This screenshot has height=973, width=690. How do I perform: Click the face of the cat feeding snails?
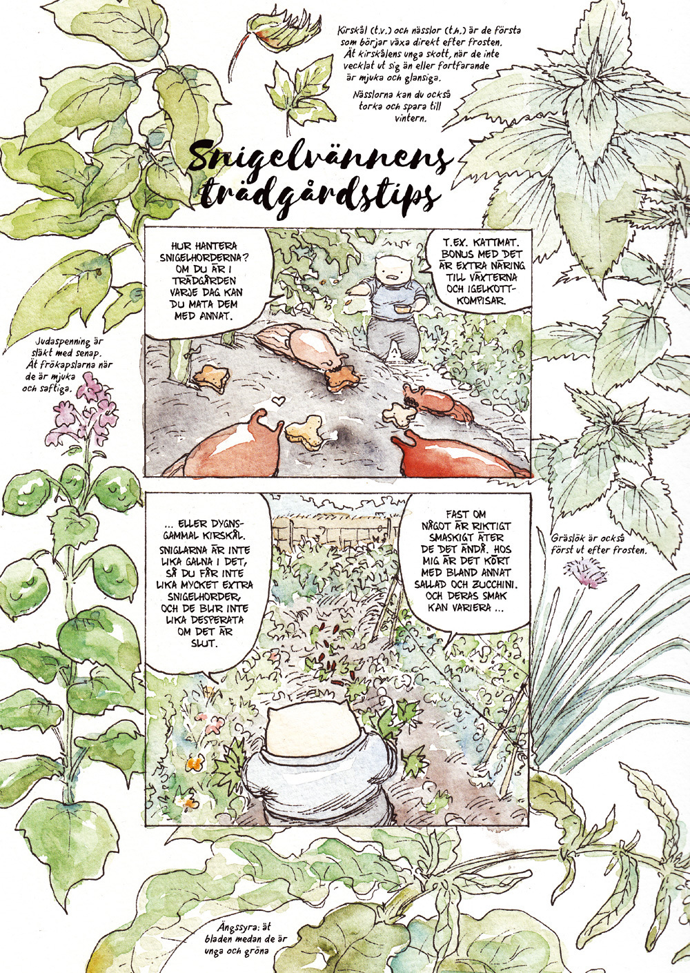pyautogui.click(x=390, y=270)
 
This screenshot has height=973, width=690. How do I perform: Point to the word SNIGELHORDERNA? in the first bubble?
pyautogui.click(x=204, y=257)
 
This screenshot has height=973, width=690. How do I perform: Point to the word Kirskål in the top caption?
pyautogui.click(x=353, y=32)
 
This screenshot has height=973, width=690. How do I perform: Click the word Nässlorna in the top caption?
pyautogui.click(x=372, y=95)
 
